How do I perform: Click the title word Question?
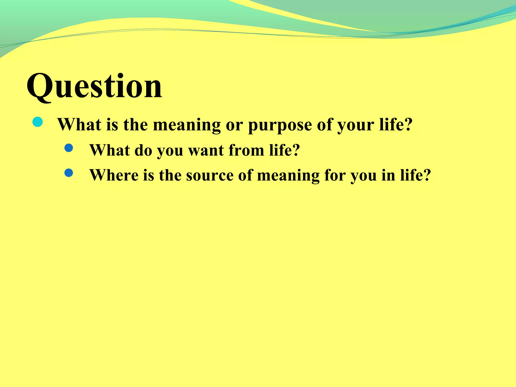[94, 87]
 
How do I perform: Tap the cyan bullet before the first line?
[38, 122]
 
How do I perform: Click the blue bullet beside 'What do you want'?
[69, 148]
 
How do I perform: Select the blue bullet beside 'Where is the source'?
[69, 173]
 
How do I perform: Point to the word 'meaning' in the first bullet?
[187, 125]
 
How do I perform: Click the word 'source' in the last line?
[210, 175]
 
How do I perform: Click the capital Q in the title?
[40, 87]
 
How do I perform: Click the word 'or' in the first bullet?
[234, 125]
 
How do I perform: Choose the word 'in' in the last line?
[388, 175]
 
